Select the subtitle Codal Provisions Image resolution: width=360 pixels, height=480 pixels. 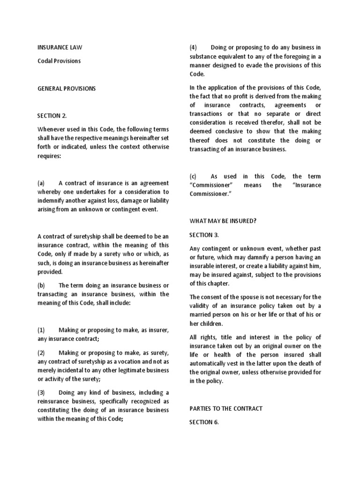[x=59, y=61]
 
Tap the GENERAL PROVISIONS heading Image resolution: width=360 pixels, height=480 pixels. [x=67, y=89]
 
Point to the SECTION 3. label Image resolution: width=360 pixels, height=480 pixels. [x=204, y=235]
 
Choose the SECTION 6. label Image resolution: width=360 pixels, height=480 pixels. [x=204, y=422]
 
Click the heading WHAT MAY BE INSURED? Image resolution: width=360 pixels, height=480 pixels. [x=223, y=221]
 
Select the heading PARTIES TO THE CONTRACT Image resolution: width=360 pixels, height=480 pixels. [x=226, y=409]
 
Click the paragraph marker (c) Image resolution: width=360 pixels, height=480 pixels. [x=193, y=177]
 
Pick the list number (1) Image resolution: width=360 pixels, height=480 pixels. [x=41, y=330]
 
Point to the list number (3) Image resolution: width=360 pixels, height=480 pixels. [x=41, y=393]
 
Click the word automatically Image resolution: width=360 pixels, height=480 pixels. [x=211, y=363]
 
